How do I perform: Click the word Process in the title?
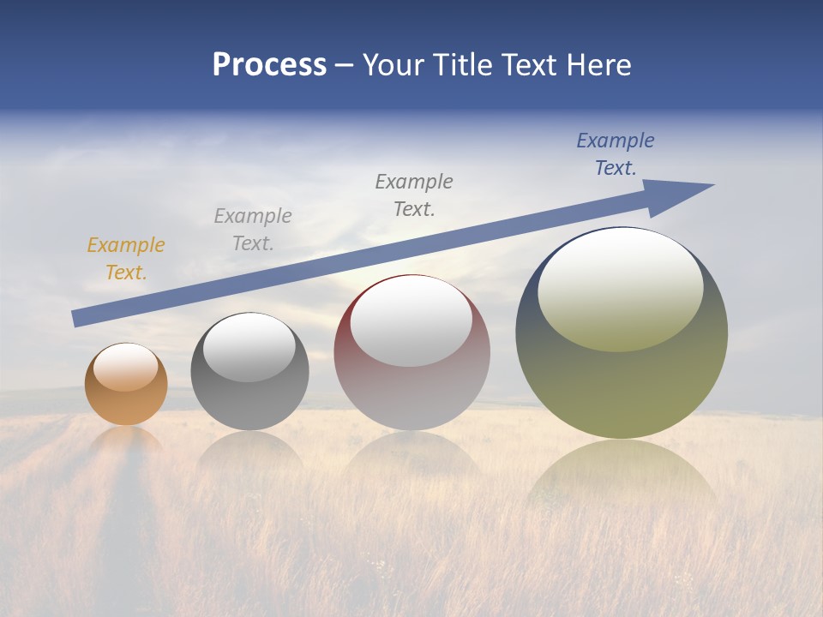coord(269,65)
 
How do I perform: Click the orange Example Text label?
coord(125,259)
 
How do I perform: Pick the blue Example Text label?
coord(616,154)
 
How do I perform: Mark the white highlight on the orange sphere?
coord(126,368)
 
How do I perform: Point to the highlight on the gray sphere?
coord(249,347)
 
